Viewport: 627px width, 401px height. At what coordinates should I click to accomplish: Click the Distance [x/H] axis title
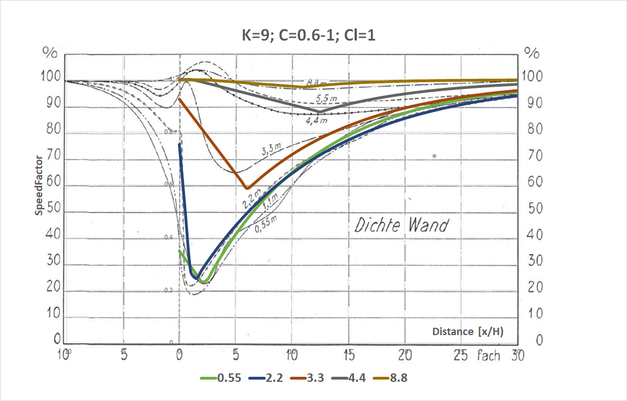pos(467,332)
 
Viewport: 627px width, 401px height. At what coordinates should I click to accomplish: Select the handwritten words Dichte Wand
pos(401,225)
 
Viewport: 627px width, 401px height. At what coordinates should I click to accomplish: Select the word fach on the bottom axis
pos(489,356)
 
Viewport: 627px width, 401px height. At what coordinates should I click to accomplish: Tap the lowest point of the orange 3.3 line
pos(247,188)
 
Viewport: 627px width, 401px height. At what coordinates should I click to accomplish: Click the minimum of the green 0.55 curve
pos(204,282)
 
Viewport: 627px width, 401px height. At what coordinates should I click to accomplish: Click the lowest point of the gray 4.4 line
pos(319,111)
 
